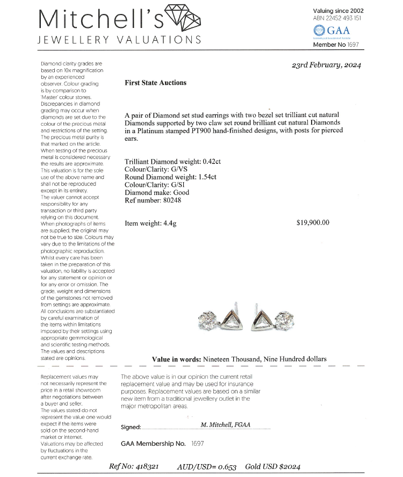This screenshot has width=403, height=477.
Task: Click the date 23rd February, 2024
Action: [x=326, y=65]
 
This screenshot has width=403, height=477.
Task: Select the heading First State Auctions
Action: [x=155, y=83]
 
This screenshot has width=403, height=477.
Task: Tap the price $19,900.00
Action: [x=313, y=223]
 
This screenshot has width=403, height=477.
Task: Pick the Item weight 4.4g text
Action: [x=150, y=223]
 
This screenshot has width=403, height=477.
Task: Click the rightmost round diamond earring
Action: [x=284, y=321]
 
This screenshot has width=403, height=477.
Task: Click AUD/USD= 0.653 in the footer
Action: [x=206, y=466]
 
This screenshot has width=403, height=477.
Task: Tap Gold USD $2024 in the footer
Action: [x=273, y=466]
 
